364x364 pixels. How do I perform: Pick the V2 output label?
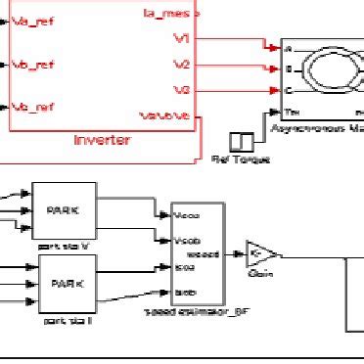point(181,65)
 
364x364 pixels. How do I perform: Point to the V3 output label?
point(181,90)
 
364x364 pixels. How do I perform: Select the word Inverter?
point(102,140)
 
